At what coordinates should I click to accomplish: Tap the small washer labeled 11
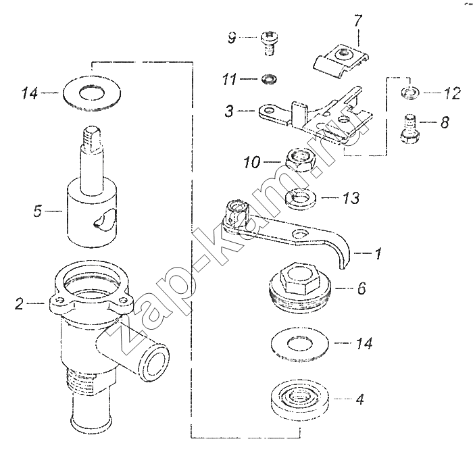pyautogui.click(x=269, y=79)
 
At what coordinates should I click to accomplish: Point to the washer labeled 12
pyautogui.click(x=409, y=92)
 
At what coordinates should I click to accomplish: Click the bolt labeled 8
pyautogui.click(x=409, y=129)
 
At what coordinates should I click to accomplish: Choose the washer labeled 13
pyautogui.click(x=301, y=198)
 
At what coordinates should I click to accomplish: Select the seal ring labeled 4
pyautogui.click(x=299, y=399)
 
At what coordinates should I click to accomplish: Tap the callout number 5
pyautogui.click(x=37, y=211)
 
